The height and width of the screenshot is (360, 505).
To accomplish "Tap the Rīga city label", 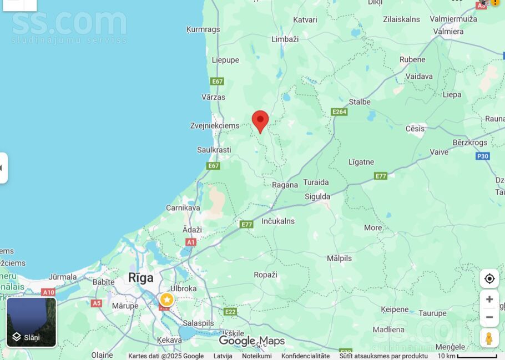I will click(140, 277).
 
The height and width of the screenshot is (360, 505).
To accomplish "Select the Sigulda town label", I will click(317, 196).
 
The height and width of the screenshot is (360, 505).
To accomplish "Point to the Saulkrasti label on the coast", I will click(214, 150).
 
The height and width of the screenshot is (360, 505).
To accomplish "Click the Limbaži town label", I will click(285, 39).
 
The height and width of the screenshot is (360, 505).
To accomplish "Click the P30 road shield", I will click(482, 156).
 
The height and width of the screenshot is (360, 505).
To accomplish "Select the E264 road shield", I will click(339, 111).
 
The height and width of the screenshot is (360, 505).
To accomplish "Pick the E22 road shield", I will click(230, 312).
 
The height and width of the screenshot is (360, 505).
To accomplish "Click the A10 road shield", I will click(48, 292).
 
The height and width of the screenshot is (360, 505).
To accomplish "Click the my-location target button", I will click(489, 278).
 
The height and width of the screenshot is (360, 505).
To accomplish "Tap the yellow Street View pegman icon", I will click(489, 338).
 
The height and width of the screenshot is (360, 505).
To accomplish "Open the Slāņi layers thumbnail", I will click(32, 322).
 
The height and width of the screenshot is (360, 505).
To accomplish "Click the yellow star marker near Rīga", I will click(166, 300).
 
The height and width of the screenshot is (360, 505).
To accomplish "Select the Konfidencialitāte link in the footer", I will click(305, 356).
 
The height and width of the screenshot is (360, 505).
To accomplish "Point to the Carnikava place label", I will click(183, 207).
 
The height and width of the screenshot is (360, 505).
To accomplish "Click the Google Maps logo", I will click(251, 341).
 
